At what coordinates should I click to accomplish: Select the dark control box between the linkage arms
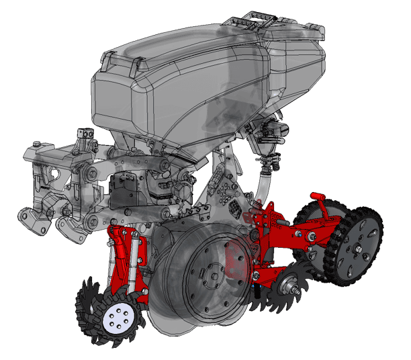122,189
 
